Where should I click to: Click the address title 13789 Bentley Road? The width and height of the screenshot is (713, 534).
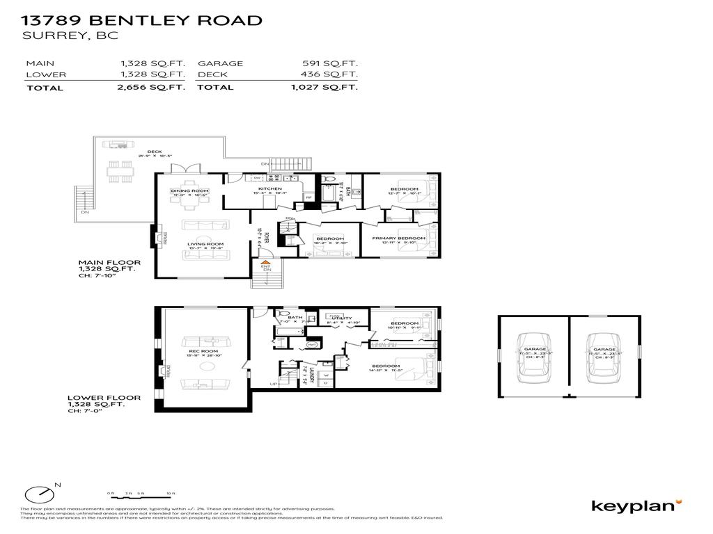pyautogui.click(x=142, y=20)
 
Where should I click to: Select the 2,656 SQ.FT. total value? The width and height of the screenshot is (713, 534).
pyautogui.click(x=152, y=88)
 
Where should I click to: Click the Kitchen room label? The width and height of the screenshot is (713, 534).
pyautogui.click(x=270, y=189)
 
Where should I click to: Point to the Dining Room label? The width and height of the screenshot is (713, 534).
pyautogui.click(x=189, y=191)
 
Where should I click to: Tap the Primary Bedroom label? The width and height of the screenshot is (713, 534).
pyautogui.click(x=399, y=238)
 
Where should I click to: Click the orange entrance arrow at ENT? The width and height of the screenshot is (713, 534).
pyautogui.click(x=265, y=261)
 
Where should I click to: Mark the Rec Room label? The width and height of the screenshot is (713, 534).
pyautogui.click(x=205, y=351)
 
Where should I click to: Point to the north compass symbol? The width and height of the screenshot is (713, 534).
pyautogui.click(x=40, y=494)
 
